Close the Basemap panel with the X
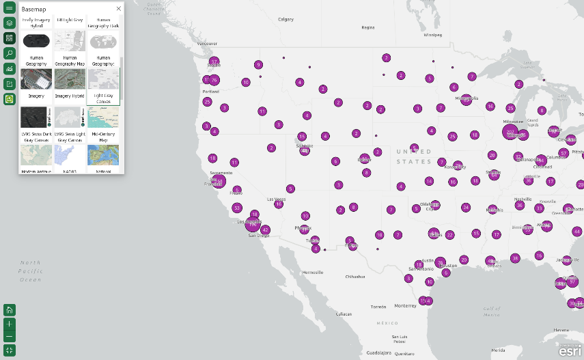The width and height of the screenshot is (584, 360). pyautogui.click(x=118, y=9)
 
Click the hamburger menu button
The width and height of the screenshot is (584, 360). pyautogui.click(x=10, y=8)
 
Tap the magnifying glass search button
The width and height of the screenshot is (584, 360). pyautogui.click(x=10, y=53)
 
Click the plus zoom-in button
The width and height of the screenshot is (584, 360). pyautogui.click(x=10, y=323)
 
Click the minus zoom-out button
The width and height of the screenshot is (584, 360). pyautogui.click(x=10, y=336)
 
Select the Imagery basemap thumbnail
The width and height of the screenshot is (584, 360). pyautogui.click(x=36, y=79)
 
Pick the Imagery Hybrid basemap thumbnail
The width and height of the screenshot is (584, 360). pyautogui.click(x=70, y=79)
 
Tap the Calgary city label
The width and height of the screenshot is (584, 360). pyautogui.click(x=286, y=19)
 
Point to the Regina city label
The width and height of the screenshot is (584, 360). pyautogui.click(x=368, y=27)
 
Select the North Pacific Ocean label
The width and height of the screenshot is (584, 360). pyautogui.click(x=31, y=271)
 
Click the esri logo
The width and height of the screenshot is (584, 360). pyautogui.click(x=570, y=351)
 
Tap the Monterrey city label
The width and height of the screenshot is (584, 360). pyautogui.click(x=406, y=305)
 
